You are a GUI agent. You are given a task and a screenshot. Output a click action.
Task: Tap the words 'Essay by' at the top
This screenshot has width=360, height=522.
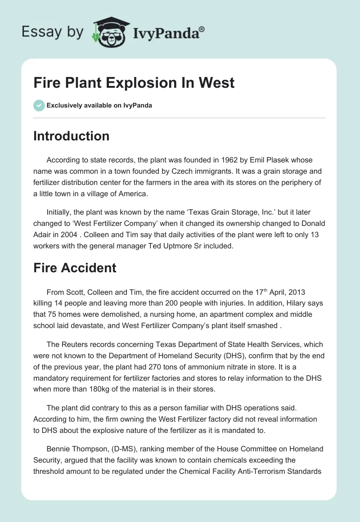pos(53,32)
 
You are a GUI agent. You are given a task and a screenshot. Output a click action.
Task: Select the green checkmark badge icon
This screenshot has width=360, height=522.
pos(39,105)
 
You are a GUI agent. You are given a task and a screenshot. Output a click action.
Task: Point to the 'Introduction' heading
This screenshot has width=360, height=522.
pos(71,136)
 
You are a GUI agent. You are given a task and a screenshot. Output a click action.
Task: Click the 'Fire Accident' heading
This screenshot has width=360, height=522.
pos(75,268)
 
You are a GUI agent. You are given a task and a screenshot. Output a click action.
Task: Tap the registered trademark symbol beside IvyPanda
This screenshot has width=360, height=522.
pos(202,29)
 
